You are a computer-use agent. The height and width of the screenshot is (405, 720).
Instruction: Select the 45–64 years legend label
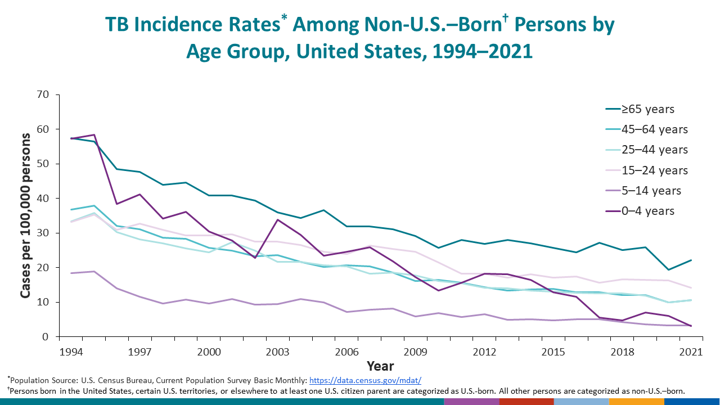click(x=642, y=129)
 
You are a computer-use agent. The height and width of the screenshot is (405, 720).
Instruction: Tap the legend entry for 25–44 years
click(x=642, y=150)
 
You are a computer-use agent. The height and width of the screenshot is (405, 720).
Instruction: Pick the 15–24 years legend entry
click(x=642, y=170)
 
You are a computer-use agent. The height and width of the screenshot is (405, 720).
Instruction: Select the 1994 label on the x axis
click(x=70, y=352)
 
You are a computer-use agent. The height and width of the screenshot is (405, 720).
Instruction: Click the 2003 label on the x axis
click(x=277, y=352)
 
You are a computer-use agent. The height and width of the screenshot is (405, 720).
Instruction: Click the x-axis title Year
click(x=380, y=366)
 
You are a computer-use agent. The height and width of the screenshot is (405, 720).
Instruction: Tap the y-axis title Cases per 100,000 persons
click(x=25, y=215)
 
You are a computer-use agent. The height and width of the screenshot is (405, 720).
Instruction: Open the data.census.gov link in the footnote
click(x=365, y=380)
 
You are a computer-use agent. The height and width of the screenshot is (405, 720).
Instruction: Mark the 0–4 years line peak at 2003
click(x=277, y=219)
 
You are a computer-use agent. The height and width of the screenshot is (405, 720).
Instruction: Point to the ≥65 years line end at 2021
click(x=691, y=260)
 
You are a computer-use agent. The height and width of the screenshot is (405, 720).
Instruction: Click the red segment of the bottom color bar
click(x=526, y=401)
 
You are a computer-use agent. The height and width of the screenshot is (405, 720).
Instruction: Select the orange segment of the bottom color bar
click(x=636, y=401)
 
